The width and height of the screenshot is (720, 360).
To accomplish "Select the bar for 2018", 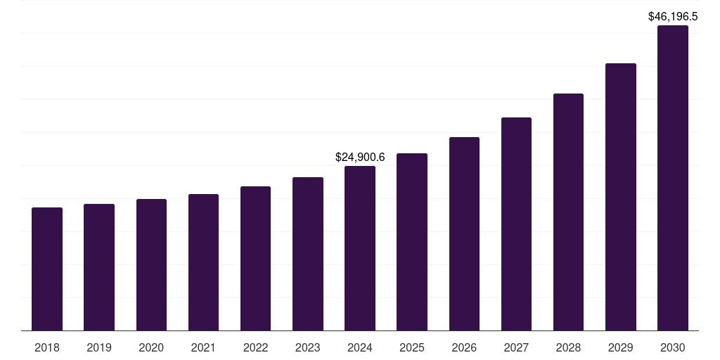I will [47, 269].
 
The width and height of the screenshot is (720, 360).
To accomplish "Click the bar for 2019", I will [99, 267].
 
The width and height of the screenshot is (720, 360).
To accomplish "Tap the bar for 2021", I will [203, 262].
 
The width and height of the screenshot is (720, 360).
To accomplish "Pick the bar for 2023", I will [308, 254].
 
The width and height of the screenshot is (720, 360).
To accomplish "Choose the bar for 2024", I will [360, 248].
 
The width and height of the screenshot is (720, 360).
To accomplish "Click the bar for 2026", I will [464, 233].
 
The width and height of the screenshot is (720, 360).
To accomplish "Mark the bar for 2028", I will [568, 212].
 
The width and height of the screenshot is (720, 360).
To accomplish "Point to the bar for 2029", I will [621, 197].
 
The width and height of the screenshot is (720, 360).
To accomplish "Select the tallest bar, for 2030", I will [673, 178].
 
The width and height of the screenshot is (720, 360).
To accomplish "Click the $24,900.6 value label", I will [360, 157].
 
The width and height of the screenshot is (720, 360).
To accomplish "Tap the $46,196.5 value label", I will [673, 16].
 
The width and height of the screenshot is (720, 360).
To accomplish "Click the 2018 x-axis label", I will [47, 347].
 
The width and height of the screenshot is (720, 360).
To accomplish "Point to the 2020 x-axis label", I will [151, 347].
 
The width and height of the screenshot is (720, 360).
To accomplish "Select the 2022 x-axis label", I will [255, 347].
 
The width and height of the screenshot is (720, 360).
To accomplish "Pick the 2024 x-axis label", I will [360, 347].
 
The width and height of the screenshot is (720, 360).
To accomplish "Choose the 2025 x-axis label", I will [412, 347].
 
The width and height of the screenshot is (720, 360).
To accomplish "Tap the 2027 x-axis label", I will [516, 347].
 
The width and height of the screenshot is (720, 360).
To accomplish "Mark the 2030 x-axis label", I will [673, 347].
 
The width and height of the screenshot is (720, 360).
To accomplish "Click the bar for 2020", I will [151, 264].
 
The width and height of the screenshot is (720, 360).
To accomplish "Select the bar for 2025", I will [412, 242].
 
